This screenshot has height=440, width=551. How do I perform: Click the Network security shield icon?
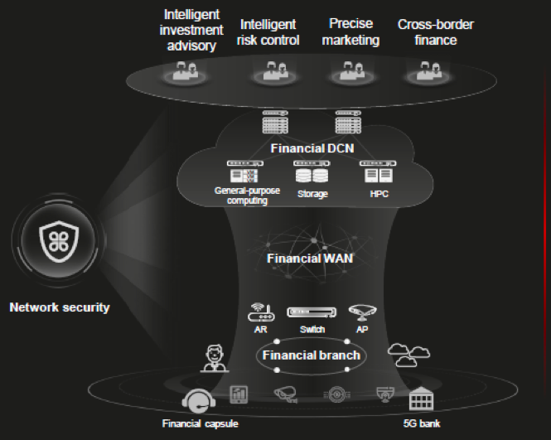point(59,239)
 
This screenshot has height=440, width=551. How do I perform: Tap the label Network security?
point(59,307)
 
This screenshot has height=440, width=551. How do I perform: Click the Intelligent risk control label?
point(268,32)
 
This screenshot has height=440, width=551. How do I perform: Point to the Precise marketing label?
point(350,32)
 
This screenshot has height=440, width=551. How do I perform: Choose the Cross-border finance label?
point(436,32)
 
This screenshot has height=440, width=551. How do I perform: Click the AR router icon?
point(260,313)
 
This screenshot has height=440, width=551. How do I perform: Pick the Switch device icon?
point(312,312)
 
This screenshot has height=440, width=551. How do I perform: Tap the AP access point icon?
point(362,312)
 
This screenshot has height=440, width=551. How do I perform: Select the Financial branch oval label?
point(311,355)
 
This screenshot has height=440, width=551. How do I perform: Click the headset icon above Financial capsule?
point(198,403)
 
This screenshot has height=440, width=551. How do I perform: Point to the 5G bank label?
point(424,424)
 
